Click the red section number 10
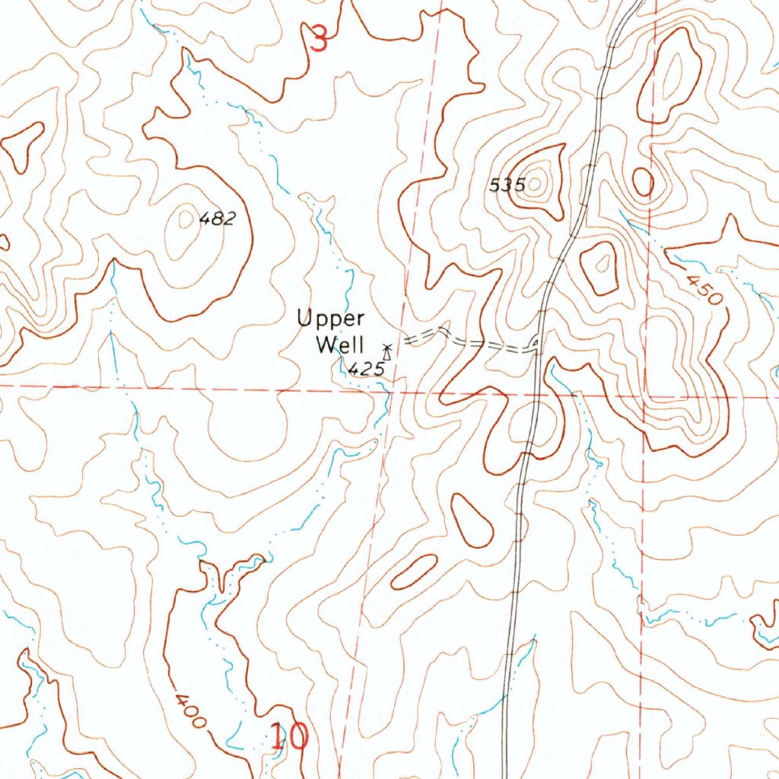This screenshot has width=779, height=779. coord(289,736)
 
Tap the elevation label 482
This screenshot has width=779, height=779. coord(218,220)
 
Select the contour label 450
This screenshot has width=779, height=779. coord(704,289)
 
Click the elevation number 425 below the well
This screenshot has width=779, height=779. coord(365,369)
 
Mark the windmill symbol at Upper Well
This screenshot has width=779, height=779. coord(387,351)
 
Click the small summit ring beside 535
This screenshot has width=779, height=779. coord(537,183)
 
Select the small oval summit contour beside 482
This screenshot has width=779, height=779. coord(185,220)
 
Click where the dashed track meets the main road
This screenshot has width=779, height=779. coord(537,348)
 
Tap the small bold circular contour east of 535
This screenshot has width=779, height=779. coord(643,182)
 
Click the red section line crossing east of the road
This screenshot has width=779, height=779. coord(644,396)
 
